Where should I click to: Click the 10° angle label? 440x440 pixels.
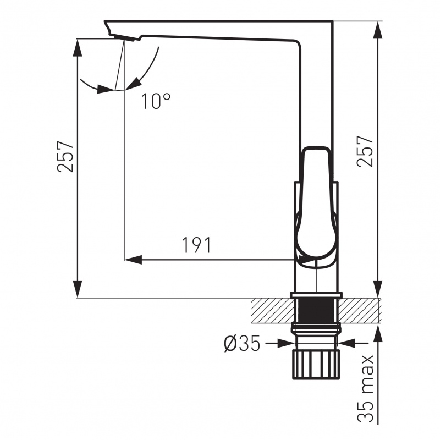point(156,101)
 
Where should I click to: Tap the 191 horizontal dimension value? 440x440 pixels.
point(197,245)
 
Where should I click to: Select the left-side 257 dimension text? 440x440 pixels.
point(65,156)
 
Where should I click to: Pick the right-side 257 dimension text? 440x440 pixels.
point(365,152)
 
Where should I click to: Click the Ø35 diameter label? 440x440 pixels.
point(242,343)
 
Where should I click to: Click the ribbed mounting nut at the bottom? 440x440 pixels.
point(316,364)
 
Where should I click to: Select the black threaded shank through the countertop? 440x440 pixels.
point(316,311)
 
